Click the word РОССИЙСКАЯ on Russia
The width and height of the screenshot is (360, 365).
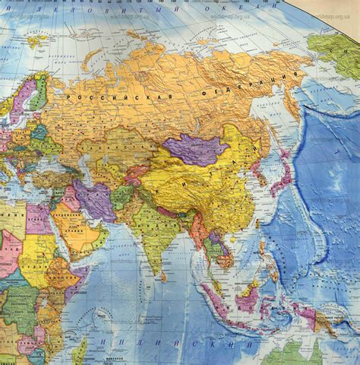click(x=99, y=97)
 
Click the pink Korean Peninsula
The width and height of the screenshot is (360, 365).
click(x=261, y=181)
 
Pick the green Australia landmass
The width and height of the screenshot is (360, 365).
click(x=304, y=354)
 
